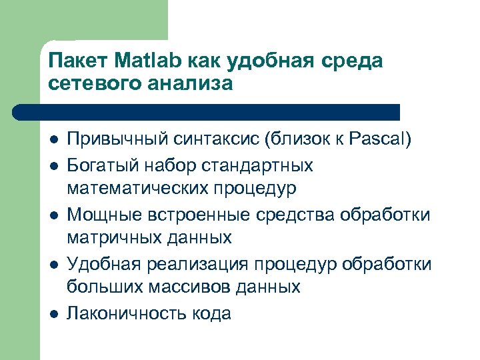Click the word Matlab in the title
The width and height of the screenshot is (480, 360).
[143, 62]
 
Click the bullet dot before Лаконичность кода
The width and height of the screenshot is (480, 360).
[53, 313]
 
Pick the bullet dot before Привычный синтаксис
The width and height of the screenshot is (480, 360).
[53, 141]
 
